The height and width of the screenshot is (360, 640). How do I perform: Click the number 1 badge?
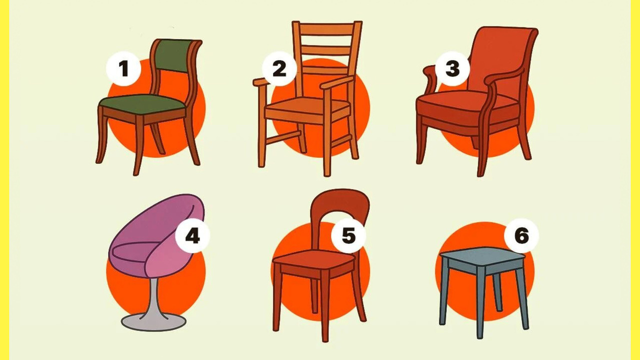(123, 68)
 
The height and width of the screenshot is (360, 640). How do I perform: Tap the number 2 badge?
(279, 68)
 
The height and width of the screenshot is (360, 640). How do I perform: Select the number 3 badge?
(452, 68)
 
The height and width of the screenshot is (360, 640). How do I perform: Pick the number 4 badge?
(192, 235)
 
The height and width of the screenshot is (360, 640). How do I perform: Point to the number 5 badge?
(348, 235)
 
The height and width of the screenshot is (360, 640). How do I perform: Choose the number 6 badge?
(521, 235)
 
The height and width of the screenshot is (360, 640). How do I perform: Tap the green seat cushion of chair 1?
(142, 103)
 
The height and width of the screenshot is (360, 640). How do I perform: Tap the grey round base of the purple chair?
(153, 322)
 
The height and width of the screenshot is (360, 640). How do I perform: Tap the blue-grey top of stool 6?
(482, 256)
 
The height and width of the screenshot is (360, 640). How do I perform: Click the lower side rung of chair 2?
(341, 140)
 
